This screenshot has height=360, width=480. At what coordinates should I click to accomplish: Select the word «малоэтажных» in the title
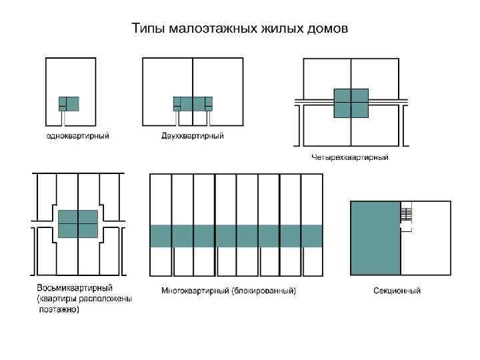[207, 30]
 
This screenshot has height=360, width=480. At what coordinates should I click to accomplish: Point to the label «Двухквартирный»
[192, 136]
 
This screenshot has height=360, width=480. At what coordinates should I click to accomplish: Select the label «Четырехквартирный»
[350, 158]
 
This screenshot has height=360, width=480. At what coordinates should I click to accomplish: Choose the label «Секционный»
[397, 291]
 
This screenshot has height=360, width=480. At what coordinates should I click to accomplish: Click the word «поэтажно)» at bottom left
[59, 309]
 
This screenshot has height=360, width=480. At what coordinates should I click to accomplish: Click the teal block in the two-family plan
[193, 103]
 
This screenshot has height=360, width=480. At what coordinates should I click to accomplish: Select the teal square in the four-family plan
[351, 103]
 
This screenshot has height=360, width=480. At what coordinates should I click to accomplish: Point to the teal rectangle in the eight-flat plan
[78, 224]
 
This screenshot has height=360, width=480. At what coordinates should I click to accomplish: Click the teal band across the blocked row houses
[236, 235]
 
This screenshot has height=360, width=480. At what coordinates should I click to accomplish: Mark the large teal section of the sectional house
[375, 237]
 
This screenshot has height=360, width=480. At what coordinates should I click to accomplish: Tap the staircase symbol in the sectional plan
[406, 214]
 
